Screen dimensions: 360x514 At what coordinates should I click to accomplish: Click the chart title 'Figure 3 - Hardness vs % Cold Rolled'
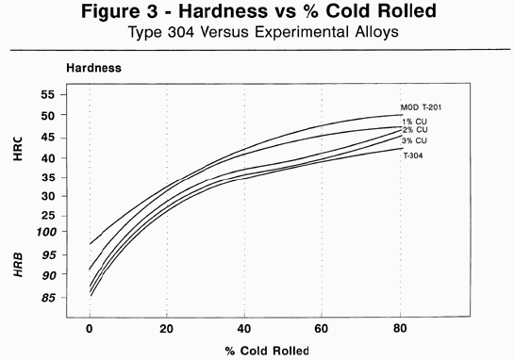[x=257, y=14]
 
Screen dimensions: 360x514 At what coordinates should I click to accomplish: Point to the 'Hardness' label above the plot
[x=93, y=68]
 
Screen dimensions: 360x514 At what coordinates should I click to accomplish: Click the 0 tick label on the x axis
[x=90, y=329]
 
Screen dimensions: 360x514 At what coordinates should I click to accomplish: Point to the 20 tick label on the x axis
[x=167, y=329]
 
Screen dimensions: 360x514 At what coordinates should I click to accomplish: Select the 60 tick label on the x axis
[x=323, y=329]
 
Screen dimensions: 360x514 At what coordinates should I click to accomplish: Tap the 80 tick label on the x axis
[x=400, y=329]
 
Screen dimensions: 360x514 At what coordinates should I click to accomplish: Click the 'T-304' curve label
[x=413, y=155]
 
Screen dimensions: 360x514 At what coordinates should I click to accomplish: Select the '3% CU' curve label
[x=416, y=141]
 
